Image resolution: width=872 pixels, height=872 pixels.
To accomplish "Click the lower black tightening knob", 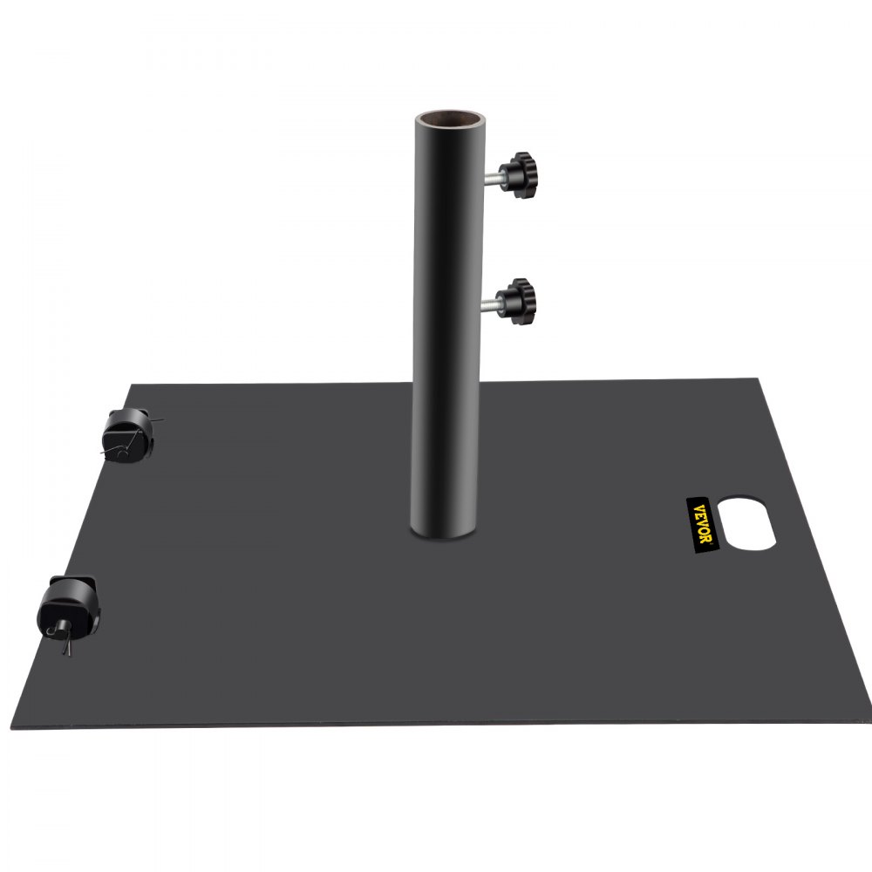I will [521, 299].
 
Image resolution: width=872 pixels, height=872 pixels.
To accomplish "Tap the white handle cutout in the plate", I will [747, 523].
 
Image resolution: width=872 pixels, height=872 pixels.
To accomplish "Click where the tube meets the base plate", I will [448, 534].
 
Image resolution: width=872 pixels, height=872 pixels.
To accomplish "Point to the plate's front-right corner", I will [866, 722].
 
